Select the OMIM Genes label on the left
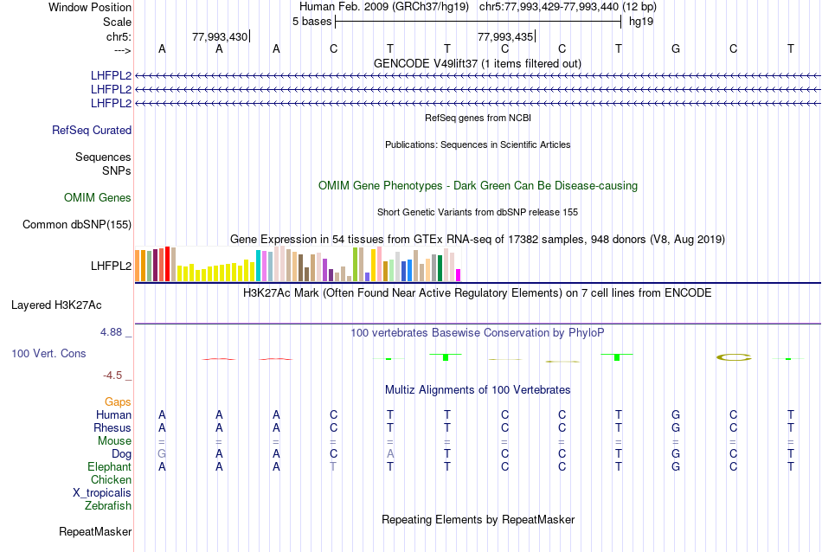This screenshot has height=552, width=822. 98,198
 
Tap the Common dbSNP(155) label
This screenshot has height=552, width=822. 77,225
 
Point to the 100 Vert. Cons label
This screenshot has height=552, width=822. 48,354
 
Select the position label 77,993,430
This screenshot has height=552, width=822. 220,36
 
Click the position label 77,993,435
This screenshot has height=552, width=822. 505,36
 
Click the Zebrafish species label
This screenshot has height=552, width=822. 108,505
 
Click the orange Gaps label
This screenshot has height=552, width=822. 118,401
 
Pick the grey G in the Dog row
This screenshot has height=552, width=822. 161,453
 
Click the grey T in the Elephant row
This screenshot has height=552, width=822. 333,466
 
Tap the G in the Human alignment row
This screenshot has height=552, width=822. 676,414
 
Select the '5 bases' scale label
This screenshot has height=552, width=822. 311,21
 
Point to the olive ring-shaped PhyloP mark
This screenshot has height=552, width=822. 734,356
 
